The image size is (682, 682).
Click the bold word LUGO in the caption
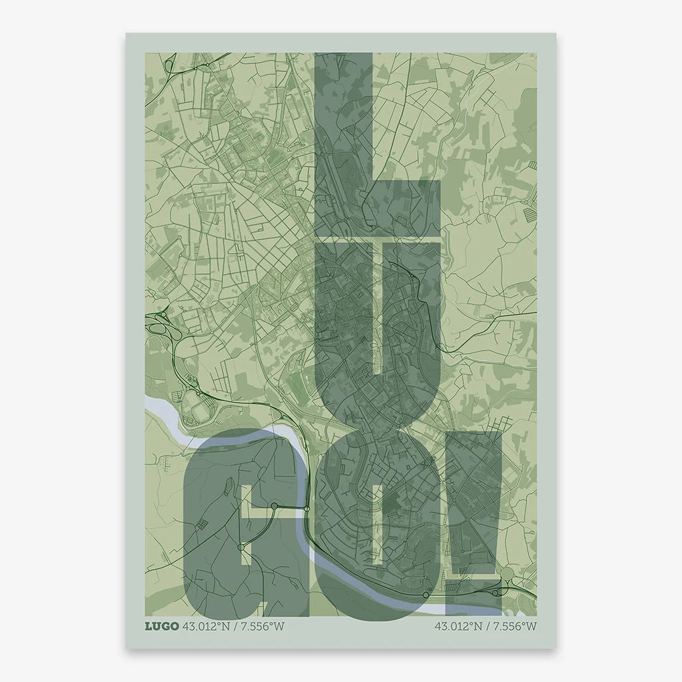point(161,626)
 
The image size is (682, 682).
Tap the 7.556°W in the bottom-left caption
point(260,626)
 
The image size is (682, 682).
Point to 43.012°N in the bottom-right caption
point(460,626)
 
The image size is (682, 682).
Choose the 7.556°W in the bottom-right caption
point(513,626)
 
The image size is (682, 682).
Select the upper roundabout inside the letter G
point(273,507)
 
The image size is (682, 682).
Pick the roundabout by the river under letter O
point(426,594)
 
